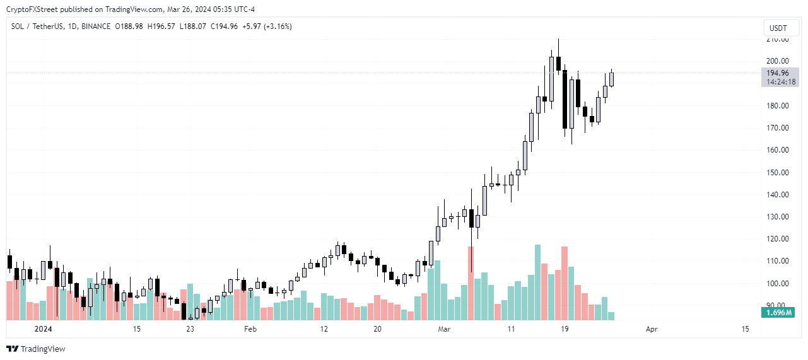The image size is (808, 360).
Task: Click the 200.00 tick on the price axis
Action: tap(776, 61)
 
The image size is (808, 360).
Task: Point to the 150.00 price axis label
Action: tap(776, 172)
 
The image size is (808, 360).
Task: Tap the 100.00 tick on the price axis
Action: tap(776, 283)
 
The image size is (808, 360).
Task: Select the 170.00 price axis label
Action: tap(776, 128)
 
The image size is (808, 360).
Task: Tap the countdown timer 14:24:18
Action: tap(780, 82)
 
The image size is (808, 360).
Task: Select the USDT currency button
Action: tap(779, 28)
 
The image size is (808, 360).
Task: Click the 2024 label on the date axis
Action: tap(43, 329)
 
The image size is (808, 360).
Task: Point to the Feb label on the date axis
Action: tap(250, 329)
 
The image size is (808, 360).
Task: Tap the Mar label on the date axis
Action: tap(444, 329)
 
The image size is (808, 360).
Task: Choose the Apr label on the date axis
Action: tap(652, 329)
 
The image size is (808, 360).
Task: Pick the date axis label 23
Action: tap(190, 329)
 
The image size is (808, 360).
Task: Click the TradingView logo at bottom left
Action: tap(36, 349)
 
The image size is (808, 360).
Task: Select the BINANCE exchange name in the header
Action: tap(97, 26)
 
